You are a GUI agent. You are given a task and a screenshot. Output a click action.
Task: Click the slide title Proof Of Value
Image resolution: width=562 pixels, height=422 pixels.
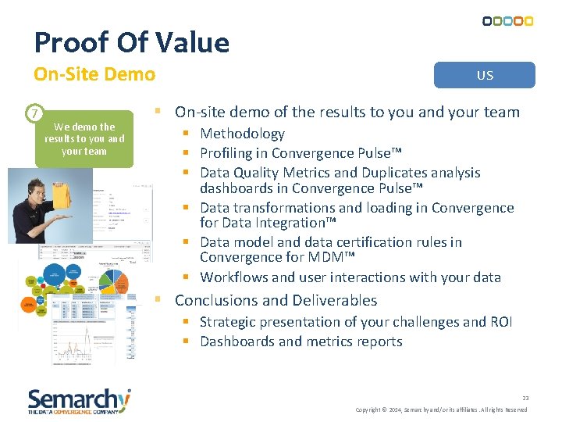point(132,42)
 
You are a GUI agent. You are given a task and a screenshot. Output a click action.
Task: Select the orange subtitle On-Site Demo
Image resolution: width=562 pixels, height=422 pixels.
point(94,74)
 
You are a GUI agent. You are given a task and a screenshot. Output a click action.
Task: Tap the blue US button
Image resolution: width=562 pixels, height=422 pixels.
point(485,75)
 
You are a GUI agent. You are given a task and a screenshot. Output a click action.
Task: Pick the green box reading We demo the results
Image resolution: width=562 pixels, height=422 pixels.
point(84,138)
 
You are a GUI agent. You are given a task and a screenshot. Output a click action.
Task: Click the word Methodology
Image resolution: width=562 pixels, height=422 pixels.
point(242,134)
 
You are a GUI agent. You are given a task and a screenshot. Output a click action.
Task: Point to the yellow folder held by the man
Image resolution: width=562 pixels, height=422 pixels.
point(61,188)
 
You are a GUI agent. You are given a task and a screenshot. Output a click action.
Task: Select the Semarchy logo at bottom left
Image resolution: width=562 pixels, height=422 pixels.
point(79,400)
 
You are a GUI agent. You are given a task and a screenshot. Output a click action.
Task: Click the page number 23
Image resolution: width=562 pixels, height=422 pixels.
point(525,398)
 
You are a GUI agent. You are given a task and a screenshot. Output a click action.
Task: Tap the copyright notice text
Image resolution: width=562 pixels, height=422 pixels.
point(441,409)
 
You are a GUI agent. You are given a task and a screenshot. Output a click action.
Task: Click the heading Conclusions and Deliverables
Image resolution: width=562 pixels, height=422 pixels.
point(276,300)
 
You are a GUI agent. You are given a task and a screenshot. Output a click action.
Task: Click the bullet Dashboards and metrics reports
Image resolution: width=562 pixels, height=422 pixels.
point(301,342)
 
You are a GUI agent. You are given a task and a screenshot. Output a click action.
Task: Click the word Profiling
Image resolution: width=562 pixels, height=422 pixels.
point(226,153)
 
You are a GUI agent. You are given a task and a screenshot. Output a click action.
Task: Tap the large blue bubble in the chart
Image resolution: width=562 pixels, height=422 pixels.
point(54,275)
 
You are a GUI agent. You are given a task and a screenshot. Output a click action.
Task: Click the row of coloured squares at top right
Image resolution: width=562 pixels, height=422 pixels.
point(507,21)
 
